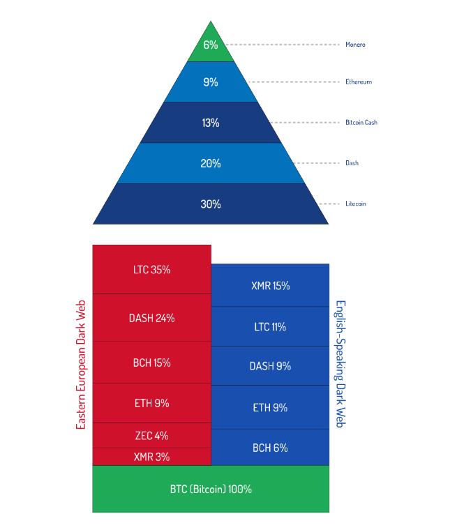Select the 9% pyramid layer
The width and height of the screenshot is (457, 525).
pyautogui.click(x=211, y=82)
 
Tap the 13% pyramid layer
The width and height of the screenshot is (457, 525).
pyautogui.click(x=211, y=123)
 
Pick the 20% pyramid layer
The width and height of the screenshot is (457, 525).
pyautogui.click(x=211, y=163)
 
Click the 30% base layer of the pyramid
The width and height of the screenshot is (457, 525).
pyautogui.click(x=211, y=204)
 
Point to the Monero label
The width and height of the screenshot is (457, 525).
pyautogui.click(x=355, y=45)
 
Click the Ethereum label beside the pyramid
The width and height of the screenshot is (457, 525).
pyautogui.click(x=359, y=82)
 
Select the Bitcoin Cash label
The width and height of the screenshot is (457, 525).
pyautogui.click(x=361, y=122)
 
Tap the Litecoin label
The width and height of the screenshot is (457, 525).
pyautogui.click(x=356, y=204)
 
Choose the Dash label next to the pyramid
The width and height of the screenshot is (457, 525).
pyautogui.click(x=352, y=163)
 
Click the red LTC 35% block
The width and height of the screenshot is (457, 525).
pyautogui.click(x=151, y=269)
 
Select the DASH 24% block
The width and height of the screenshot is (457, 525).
pyautogui.click(x=151, y=318)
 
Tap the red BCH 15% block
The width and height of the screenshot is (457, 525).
pyautogui.click(x=151, y=363)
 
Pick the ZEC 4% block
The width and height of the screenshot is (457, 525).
pyautogui.click(x=151, y=436)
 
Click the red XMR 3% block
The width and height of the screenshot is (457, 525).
pyautogui.click(x=151, y=457)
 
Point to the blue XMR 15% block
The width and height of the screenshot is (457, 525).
pyautogui.click(x=270, y=286)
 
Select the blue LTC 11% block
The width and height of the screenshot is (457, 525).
pyautogui.click(x=270, y=326)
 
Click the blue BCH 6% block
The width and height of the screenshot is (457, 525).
pyautogui.click(x=270, y=448)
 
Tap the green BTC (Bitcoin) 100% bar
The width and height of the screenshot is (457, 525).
pyautogui.click(x=211, y=489)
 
